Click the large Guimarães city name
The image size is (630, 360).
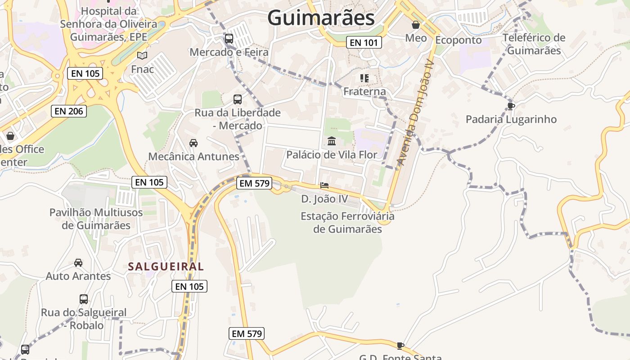pyautogui.click(x=321, y=18)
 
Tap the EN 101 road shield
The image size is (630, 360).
pyautogui.click(x=364, y=43)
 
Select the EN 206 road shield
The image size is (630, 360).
pyautogui.click(x=69, y=111)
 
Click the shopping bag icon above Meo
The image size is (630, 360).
pyautogui.click(x=416, y=25)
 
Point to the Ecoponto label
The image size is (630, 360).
pyautogui.click(x=459, y=40)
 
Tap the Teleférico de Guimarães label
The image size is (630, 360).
pyautogui.click(x=534, y=44)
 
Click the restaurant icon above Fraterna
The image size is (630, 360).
pyautogui.click(x=364, y=78)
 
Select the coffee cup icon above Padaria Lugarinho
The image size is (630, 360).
pyautogui.click(x=511, y=106)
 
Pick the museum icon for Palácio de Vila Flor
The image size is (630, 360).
pyautogui.click(x=332, y=141)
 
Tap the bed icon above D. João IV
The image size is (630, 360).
pyautogui.click(x=324, y=185)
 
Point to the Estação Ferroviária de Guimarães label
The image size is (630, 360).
pyautogui.click(x=347, y=222)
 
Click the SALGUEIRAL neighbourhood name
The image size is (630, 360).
pyautogui.click(x=166, y=266)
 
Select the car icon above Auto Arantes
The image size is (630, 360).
pyautogui.click(x=78, y=262)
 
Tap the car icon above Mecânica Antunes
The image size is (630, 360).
pyautogui.click(x=193, y=143)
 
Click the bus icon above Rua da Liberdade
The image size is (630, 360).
pyautogui.click(x=237, y=99)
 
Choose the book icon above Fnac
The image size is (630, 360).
pyautogui.click(x=142, y=55)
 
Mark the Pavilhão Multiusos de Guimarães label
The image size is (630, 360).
pyautogui.click(x=96, y=219)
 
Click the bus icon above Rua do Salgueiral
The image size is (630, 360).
pyautogui.click(x=84, y=299)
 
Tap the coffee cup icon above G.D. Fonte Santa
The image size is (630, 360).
pyautogui.click(x=400, y=346)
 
